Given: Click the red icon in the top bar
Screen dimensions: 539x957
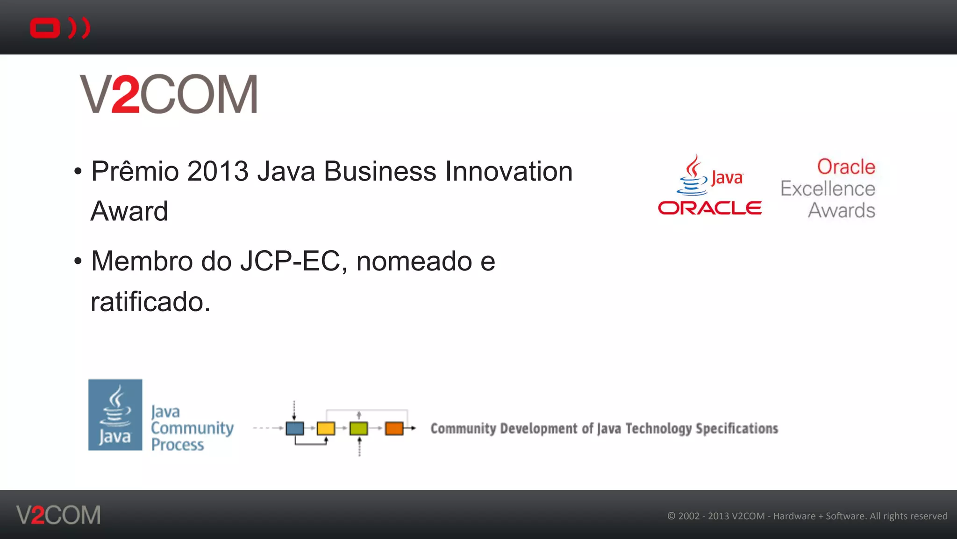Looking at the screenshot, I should tap(59, 28).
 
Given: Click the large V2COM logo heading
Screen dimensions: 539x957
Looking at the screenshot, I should tap(169, 94).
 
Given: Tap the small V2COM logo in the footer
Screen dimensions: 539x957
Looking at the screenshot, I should tap(58, 515).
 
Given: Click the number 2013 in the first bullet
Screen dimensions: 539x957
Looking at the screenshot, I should tap(218, 171).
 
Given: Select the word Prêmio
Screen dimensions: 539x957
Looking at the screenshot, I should tap(135, 171).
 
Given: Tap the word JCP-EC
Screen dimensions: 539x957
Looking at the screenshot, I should tap(293, 261).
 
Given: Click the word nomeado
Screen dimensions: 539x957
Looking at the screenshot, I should tap(414, 261).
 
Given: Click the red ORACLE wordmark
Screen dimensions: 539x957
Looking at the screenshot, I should tap(710, 208).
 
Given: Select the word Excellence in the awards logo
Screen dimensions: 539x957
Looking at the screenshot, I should tap(828, 189).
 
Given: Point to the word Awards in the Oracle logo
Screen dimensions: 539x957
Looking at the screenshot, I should tap(842, 211).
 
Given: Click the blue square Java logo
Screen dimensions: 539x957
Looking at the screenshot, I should tap(115, 415).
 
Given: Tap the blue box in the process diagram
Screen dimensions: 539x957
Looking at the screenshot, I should tap(294, 428).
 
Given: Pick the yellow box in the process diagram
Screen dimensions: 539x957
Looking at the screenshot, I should tap(326, 428).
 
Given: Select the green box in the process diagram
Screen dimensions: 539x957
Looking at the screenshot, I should tap(358, 428).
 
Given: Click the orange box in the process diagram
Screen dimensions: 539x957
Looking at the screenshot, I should tap(394, 428).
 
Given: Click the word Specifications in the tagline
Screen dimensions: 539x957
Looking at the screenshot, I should tap(737, 429).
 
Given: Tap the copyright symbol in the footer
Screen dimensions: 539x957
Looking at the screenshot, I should tap(671, 516).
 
